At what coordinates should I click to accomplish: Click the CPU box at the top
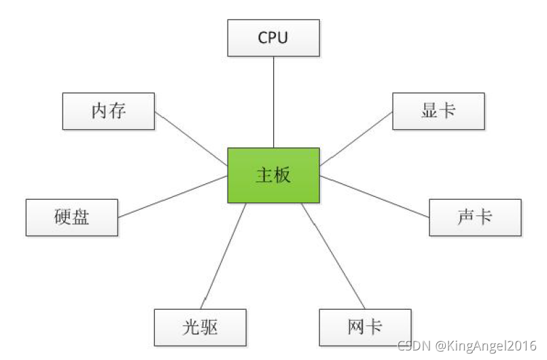272,37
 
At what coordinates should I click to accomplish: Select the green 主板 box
273,175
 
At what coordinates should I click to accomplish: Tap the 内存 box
109,111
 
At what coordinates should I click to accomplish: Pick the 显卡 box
438,111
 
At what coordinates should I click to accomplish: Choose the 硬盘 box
71,217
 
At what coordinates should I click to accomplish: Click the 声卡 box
475,217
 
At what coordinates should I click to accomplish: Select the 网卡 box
365,327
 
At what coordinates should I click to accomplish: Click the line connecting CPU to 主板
273,102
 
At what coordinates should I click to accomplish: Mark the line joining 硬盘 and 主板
173,196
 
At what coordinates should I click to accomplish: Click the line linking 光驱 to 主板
225,255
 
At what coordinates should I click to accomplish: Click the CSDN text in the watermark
411,346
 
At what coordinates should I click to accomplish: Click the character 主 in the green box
264,175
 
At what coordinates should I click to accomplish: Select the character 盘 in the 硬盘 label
81,217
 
